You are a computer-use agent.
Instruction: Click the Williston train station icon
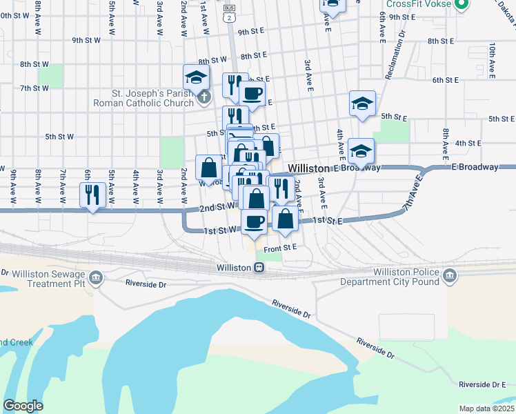pyautogui.click(x=259, y=268)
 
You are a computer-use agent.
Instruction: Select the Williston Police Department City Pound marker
pyautogui.click(x=450, y=277)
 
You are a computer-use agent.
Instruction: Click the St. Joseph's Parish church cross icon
pyautogui.click(x=204, y=98)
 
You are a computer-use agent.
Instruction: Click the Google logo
pyautogui.click(x=23, y=405)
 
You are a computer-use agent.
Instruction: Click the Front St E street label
pyautogui.click(x=279, y=247)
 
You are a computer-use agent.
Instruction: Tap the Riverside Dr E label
pyautogui.click(x=482, y=384)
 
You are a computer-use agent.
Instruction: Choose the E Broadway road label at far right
pyautogui.click(x=475, y=167)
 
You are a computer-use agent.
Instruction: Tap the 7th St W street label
pyautogui.click(x=34, y=88)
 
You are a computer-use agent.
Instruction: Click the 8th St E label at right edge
pyautogui.click(x=441, y=41)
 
